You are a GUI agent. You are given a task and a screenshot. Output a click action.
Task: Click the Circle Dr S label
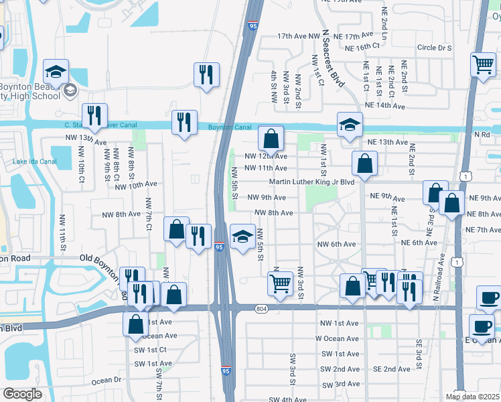coord(434,48)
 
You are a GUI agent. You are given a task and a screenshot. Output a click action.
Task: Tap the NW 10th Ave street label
coord(135,184)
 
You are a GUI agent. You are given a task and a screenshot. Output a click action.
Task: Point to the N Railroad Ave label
coord(441,275)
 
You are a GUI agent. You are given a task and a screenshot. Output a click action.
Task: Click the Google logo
coord(22,394)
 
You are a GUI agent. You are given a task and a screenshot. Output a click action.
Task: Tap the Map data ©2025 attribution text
coord(472,396)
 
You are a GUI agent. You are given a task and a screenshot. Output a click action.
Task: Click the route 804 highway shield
coord(261,308)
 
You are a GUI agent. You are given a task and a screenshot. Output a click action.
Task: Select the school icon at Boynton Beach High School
coord(56,72)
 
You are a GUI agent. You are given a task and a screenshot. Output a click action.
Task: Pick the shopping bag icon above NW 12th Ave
coord(271,139)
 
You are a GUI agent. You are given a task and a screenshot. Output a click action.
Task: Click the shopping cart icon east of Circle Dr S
coord(483,65)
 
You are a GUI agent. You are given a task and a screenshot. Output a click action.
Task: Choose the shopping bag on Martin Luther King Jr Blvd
coord(364,163)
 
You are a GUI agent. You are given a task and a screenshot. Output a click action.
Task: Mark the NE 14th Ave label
coord(386,106)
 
